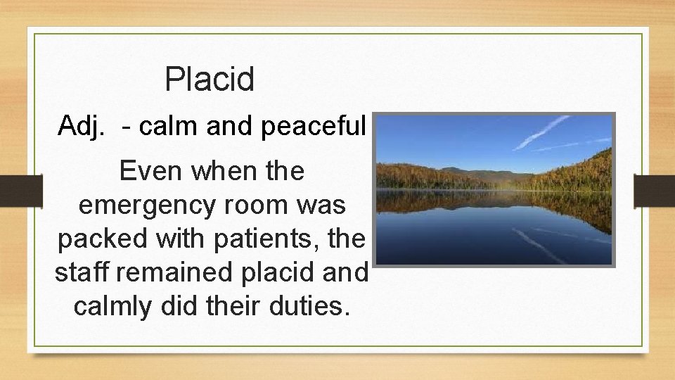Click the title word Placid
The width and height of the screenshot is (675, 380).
coord(209,80)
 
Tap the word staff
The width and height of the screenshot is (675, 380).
coord(78,272)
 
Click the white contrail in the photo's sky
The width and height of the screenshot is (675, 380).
coord(541,132)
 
